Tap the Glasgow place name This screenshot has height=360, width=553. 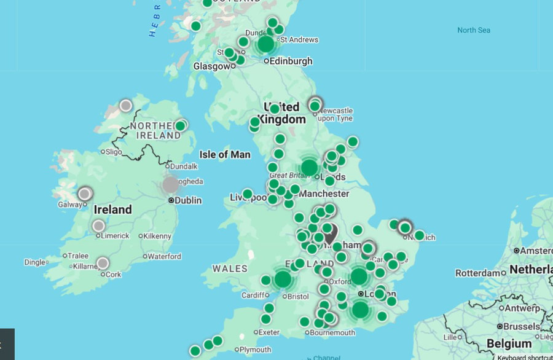(x=211, y=66)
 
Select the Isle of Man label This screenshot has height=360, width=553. (x=225, y=154)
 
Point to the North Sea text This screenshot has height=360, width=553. (x=474, y=30)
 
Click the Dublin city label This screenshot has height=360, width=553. (x=189, y=200)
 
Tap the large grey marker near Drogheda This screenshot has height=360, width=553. (x=171, y=184)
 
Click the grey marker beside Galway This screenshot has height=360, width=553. (x=85, y=194)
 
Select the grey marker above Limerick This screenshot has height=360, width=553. (x=98, y=226)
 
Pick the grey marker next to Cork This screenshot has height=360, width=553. (x=103, y=263)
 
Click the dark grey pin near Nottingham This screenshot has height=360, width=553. (x=330, y=233)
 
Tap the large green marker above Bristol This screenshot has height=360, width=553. (x=283, y=280)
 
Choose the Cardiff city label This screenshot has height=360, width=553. (x=256, y=295)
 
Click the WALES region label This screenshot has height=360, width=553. (x=230, y=268)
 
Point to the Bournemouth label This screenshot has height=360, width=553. (x=332, y=332)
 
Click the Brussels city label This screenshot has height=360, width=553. (x=525, y=326)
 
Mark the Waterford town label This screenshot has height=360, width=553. (x=163, y=256)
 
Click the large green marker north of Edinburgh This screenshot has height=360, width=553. (x=265, y=44)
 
